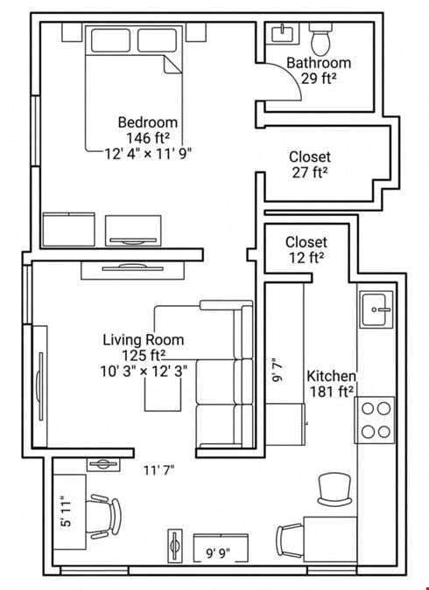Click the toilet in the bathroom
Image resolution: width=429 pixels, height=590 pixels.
pos(320,38)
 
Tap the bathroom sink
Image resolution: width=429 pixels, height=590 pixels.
pos(283,33)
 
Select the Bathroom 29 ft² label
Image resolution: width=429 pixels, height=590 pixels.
pos(319,71)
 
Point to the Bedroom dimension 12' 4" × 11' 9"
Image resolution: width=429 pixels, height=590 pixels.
pos(148,154)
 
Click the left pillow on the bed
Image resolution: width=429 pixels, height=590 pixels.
pos(110,40)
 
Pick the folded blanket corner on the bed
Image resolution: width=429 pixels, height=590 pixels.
pos(172,65)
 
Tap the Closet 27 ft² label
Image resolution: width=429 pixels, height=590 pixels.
pos(310,164)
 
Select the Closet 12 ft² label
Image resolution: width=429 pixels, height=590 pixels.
pos(306,250)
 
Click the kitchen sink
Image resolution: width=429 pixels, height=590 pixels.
pos(376,309)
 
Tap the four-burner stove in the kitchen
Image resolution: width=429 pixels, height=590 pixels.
pos(375,420)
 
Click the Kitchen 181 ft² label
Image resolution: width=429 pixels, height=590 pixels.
pos(331,384)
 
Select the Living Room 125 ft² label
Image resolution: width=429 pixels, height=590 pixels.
pos(144,347)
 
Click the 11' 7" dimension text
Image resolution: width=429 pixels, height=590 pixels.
pos(158,470)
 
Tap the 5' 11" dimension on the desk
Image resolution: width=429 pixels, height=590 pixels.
pos(66,514)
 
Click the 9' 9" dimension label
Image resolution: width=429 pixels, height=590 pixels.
pos(218,553)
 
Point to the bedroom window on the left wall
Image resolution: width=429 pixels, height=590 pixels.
pos(35,131)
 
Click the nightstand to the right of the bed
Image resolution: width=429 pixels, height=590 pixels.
pos(196,32)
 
